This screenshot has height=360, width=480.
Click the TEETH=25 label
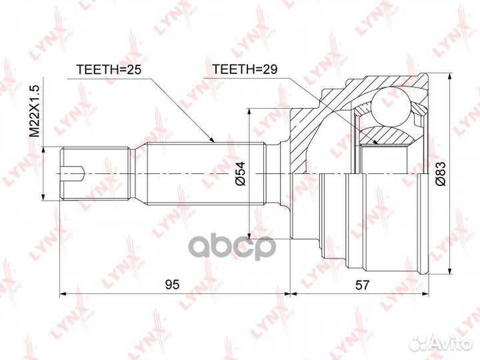[109, 69]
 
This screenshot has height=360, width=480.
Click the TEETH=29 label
[245, 69]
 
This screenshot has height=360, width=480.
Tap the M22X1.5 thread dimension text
[35, 111]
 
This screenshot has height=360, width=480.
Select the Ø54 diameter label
[241, 173]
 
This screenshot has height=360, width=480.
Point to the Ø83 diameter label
[441, 173]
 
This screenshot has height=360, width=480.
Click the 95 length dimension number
[172, 285]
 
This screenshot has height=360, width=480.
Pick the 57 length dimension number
[363, 285]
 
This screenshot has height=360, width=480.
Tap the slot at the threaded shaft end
[72, 173]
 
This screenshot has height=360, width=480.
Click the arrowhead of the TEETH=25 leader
[212, 140]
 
